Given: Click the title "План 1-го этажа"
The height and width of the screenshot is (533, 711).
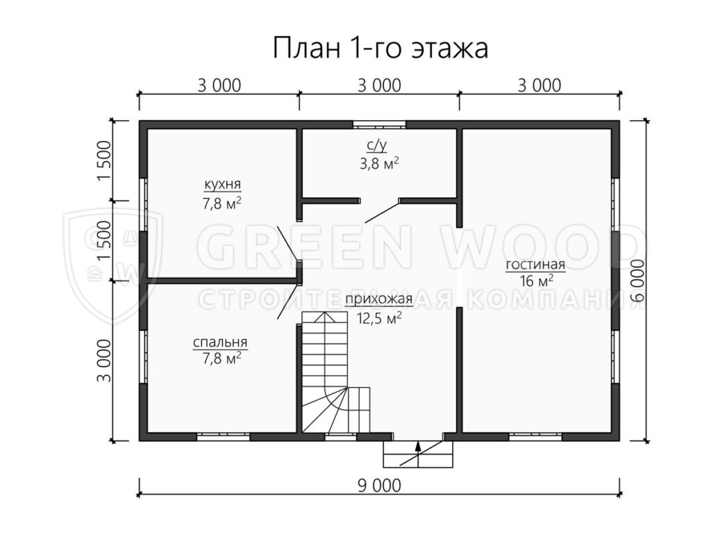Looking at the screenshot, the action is [x=380, y=48].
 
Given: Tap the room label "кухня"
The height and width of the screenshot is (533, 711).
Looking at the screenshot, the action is [x=223, y=185].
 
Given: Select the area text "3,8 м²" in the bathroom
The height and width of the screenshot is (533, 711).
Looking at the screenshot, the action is [x=380, y=163].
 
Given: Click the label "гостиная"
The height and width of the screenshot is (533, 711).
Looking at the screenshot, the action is [x=535, y=264].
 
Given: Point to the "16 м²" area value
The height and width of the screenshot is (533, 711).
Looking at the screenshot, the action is [x=537, y=281].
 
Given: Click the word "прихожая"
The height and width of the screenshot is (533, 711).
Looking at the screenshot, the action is [x=378, y=299].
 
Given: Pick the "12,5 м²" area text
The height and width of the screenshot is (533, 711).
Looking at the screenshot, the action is [x=380, y=319].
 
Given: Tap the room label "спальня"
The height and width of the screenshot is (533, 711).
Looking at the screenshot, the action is [x=220, y=342].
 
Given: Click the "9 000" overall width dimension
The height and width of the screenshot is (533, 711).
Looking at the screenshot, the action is [x=380, y=486].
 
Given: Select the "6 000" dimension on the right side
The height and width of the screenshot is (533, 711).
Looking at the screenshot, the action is [x=638, y=280].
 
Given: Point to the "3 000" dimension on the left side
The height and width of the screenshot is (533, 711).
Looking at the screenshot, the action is [x=104, y=360].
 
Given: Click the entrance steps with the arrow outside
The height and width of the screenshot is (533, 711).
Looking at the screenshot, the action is [x=418, y=454].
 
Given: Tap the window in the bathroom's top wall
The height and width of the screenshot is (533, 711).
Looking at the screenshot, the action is [x=379, y=124].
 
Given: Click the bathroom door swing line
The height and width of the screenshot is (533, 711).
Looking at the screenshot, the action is [x=382, y=211].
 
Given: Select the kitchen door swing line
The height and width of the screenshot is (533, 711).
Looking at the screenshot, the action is [x=287, y=244].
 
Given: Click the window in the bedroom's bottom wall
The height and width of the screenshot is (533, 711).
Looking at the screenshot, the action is [x=223, y=437].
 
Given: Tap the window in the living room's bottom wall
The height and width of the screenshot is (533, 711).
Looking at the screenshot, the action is [x=535, y=437].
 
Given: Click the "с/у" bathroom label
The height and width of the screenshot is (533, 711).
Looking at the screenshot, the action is [x=377, y=145].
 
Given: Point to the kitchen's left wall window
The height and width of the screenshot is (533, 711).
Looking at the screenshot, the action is [x=143, y=205].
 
